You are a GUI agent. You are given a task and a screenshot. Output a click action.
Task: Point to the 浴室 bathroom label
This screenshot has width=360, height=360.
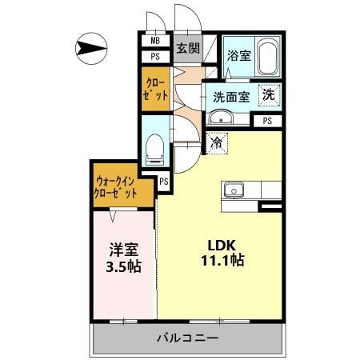(x=238, y=58)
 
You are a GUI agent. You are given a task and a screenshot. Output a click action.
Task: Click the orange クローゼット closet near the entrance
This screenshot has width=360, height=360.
(x=156, y=87)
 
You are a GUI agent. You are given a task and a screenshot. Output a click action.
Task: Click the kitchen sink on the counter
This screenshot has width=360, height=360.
(x=234, y=190)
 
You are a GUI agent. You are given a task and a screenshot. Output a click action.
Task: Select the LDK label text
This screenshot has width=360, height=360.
(x=222, y=244)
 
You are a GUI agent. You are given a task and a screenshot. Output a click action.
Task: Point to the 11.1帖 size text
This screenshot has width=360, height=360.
(x=222, y=261)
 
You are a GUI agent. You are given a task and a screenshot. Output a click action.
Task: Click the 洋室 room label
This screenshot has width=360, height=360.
(x=124, y=249)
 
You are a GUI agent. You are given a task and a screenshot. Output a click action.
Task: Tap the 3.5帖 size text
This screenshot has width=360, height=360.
(x=124, y=266)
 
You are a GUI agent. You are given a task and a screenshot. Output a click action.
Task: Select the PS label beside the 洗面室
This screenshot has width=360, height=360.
(x=266, y=121)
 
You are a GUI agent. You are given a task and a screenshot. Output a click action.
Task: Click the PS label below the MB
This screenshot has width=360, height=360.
(x=155, y=58)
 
